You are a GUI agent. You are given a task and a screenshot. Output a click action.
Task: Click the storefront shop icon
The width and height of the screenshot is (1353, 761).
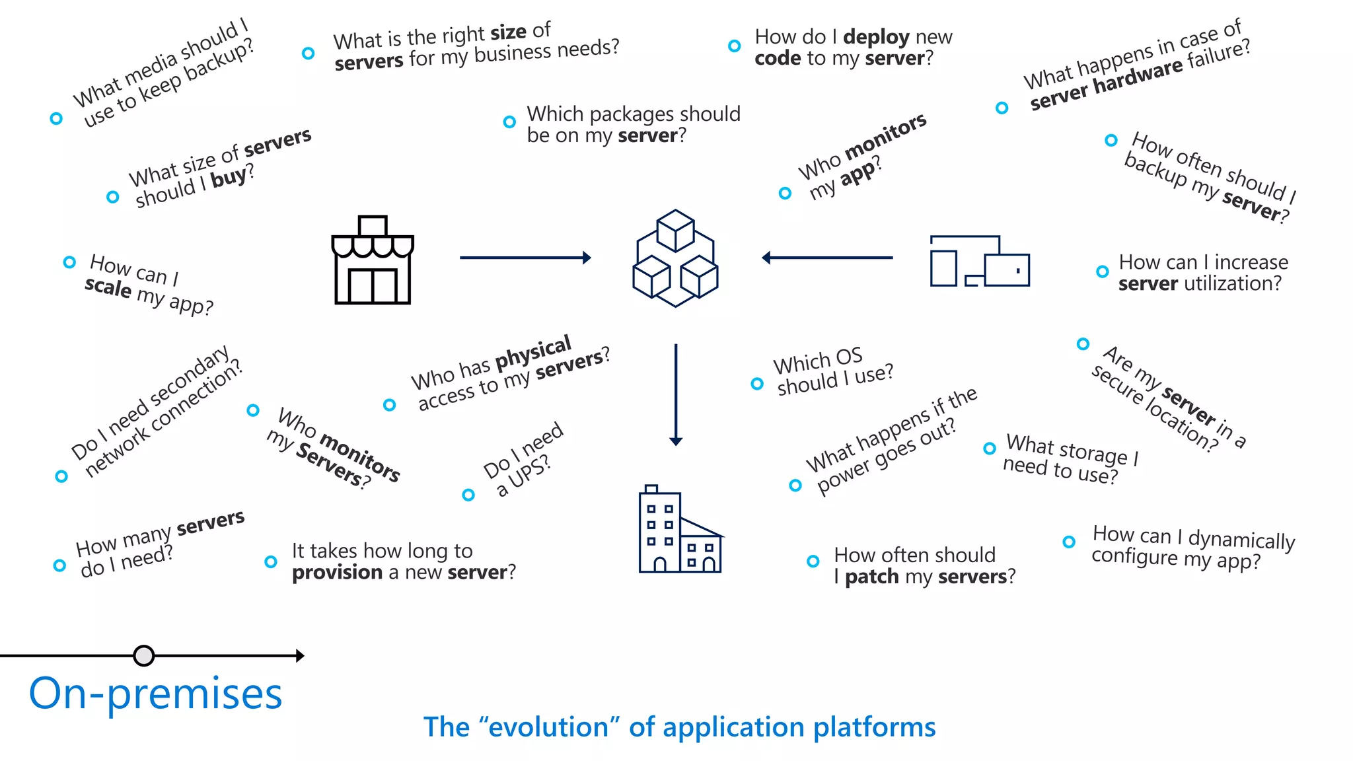[x=373, y=260]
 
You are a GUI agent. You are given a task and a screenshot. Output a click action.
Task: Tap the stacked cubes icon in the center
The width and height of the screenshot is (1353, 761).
[x=675, y=258]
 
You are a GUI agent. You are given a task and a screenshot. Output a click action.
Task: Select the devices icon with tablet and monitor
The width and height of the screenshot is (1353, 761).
[x=980, y=261]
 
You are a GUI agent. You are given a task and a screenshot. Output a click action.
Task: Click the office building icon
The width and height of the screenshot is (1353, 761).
[x=680, y=530]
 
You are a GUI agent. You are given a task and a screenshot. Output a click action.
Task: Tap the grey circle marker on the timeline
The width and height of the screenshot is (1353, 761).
[x=143, y=655]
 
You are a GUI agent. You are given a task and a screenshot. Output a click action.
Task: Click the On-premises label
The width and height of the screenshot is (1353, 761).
[x=156, y=694]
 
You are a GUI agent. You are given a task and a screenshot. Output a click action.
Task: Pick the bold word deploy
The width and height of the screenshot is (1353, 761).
[x=875, y=37]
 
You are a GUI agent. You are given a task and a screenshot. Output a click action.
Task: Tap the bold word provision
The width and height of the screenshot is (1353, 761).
[x=337, y=572]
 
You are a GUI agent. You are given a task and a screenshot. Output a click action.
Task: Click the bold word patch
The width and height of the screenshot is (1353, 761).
[x=872, y=577]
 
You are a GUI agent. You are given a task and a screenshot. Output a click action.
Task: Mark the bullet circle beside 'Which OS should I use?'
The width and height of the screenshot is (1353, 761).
[x=757, y=384]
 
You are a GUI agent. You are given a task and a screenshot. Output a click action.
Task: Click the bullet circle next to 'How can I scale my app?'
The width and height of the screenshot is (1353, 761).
[x=69, y=262]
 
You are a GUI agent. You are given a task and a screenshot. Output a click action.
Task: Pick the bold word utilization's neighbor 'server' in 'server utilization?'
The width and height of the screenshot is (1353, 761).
[x=1148, y=284]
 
